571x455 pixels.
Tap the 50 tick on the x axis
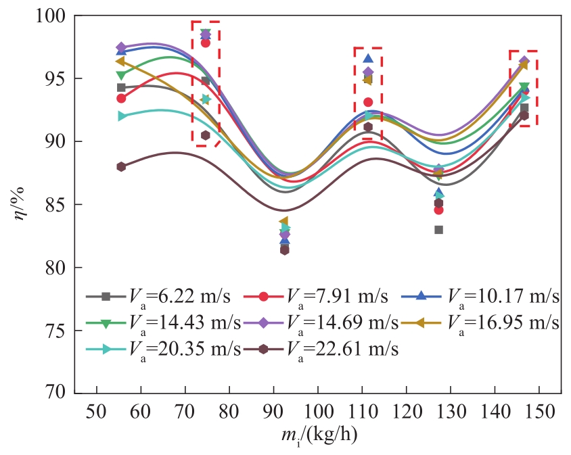pos(97,412)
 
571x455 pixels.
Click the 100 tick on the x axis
pos(319,412)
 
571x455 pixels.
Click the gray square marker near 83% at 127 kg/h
pos(439,230)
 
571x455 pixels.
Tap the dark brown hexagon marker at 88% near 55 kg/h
pos(121,166)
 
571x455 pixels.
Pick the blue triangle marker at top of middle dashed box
pos(368,59)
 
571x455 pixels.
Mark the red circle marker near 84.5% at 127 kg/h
pos(439,210)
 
